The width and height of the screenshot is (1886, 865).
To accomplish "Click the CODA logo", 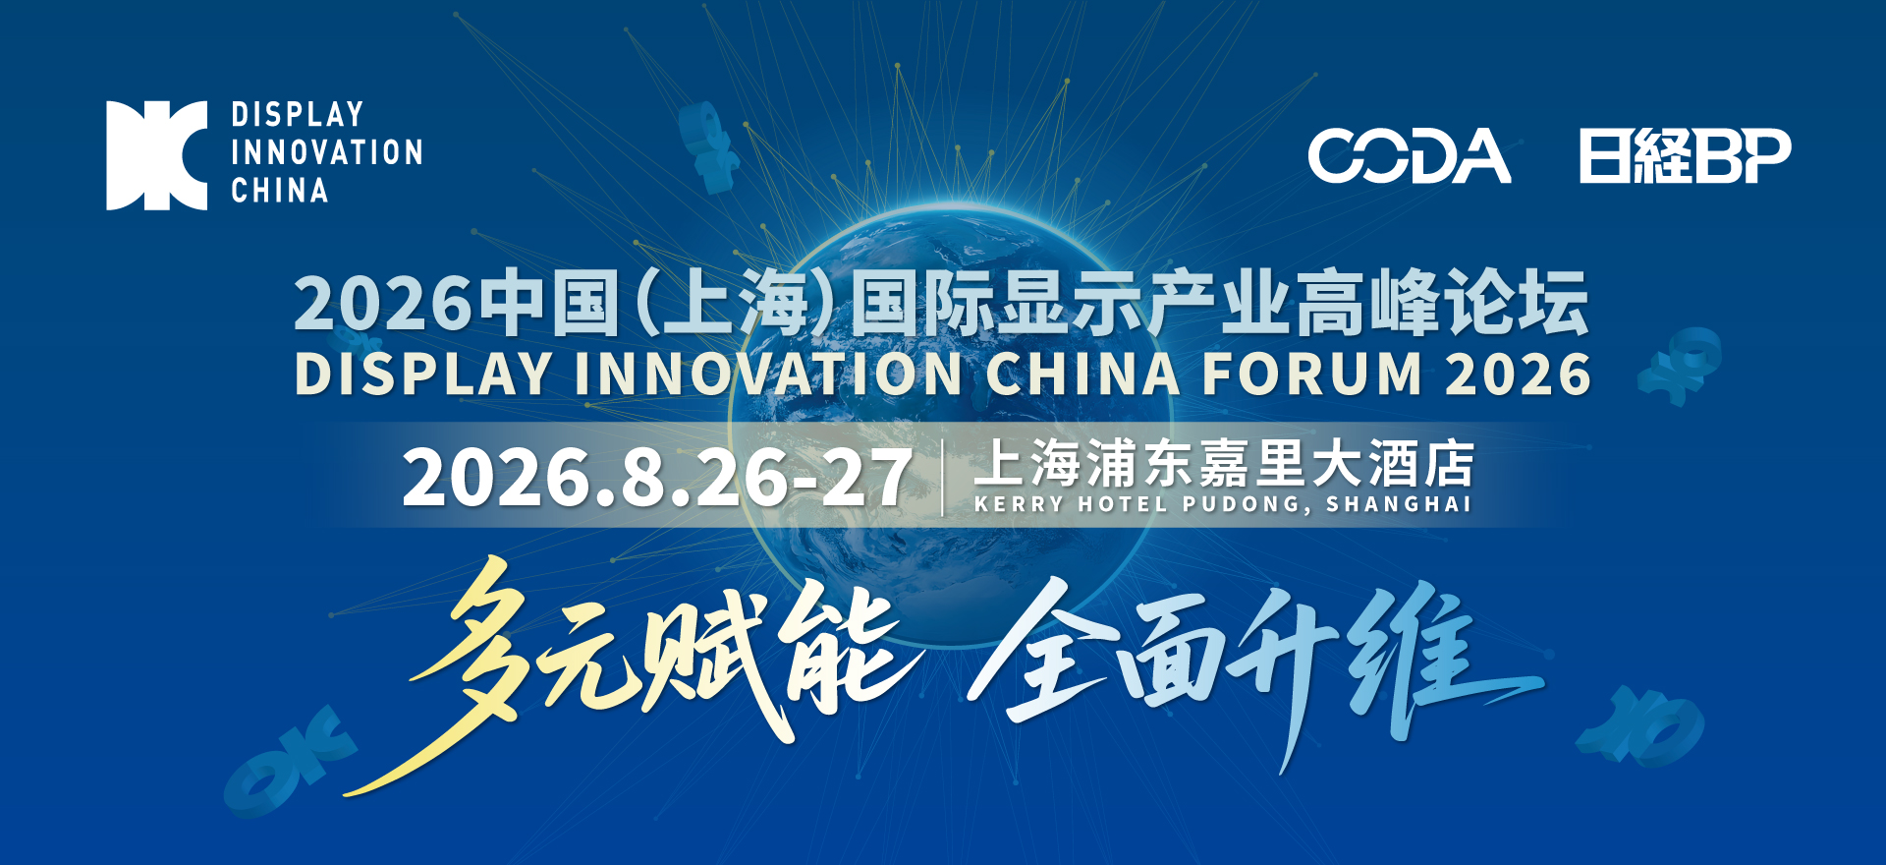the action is click(1410, 155).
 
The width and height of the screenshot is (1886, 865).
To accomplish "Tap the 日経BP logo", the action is click(1686, 155).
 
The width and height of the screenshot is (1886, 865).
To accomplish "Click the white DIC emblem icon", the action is click(157, 155).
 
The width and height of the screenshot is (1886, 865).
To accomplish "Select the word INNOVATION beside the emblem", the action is click(327, 152).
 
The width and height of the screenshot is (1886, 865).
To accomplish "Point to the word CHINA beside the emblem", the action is click(280, 190).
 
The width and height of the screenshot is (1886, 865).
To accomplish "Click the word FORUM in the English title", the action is click(1313, 375).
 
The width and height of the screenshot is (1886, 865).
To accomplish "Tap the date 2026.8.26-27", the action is click(657, 478).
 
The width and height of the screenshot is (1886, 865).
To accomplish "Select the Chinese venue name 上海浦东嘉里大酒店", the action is click(1224, 463).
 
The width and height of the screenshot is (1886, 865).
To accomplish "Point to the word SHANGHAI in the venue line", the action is click(1399, 504).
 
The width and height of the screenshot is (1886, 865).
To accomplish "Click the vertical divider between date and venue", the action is click(943, 478).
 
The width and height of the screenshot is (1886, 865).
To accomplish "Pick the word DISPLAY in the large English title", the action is click(423, 375).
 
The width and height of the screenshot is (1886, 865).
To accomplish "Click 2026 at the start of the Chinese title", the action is click(383, 303).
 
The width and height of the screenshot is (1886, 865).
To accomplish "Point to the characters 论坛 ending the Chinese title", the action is click(1516, 303).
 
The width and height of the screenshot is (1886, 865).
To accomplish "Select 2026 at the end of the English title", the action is click(1519, 375).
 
